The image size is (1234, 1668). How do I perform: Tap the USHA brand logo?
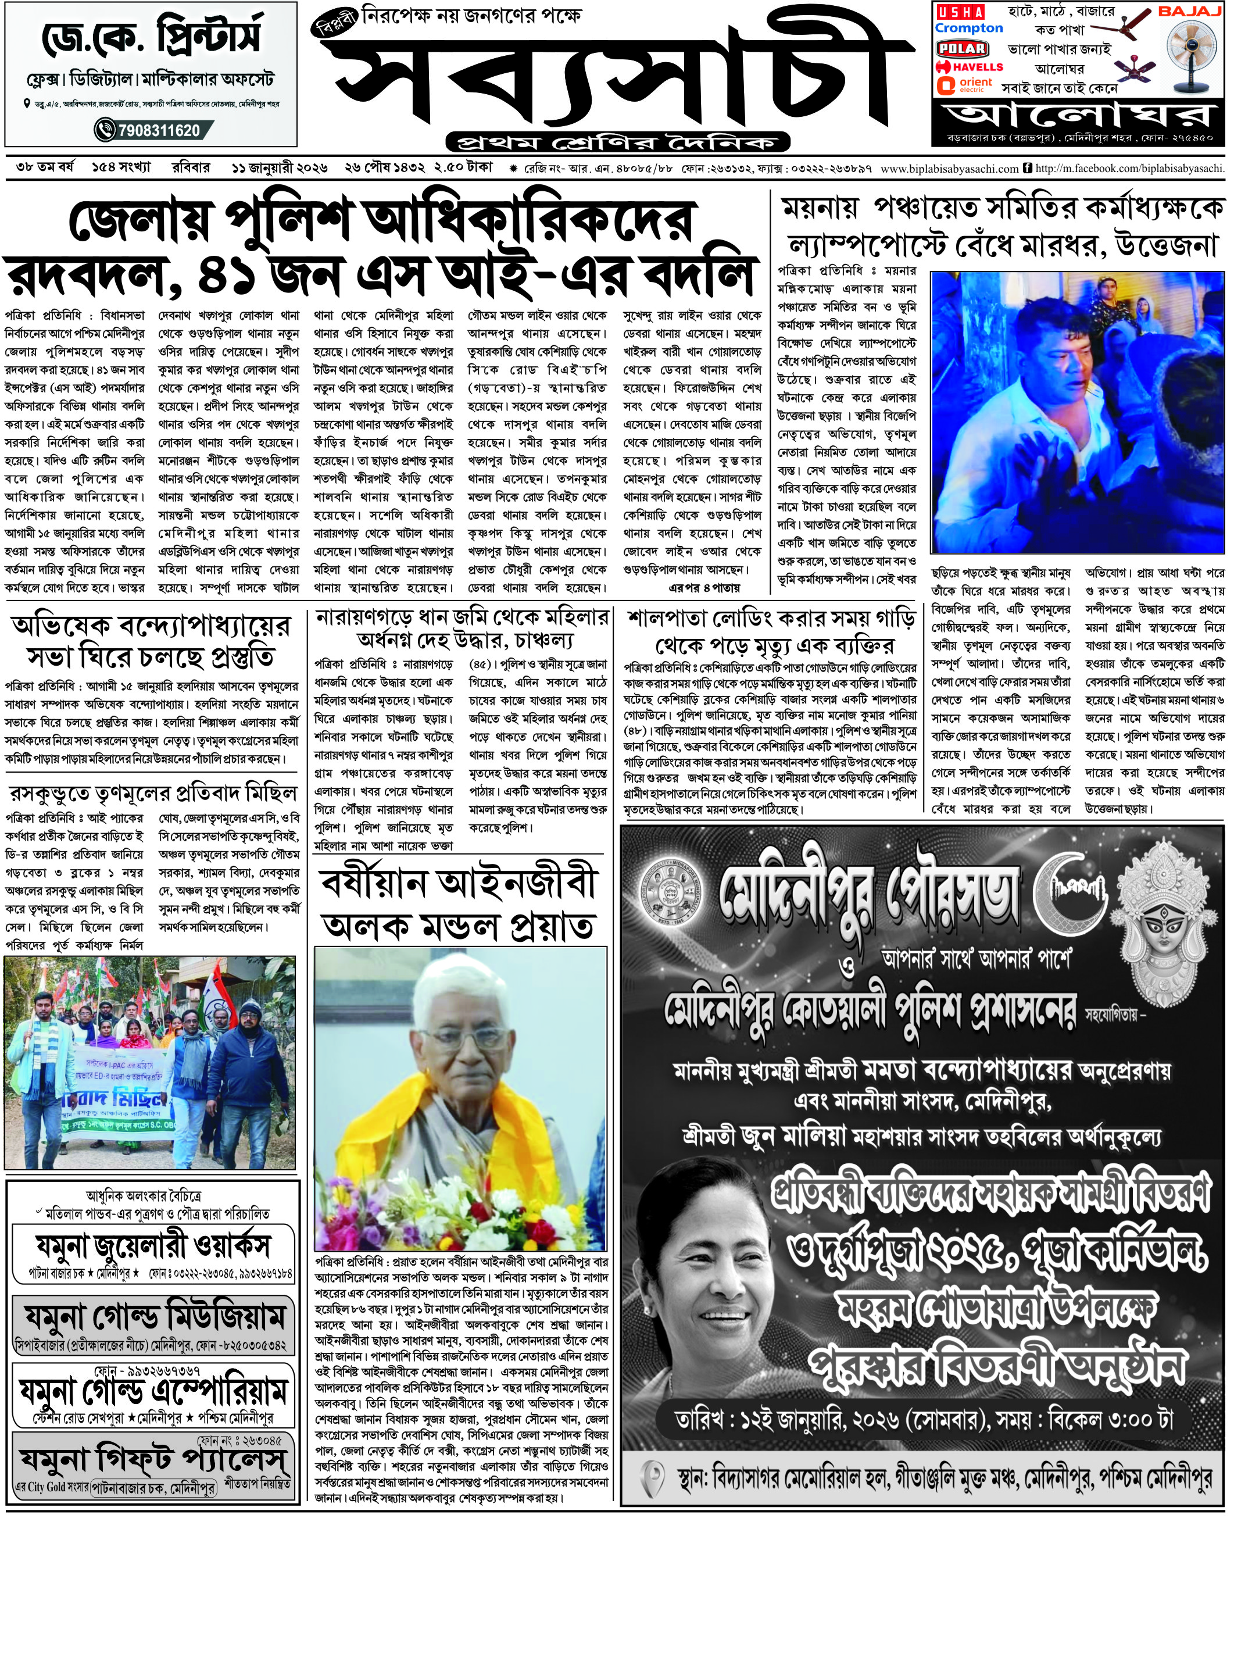point(961,12)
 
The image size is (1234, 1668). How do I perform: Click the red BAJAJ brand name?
point(1189,11)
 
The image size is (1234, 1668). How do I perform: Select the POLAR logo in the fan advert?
point(962,49)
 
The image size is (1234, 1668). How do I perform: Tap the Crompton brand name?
point(969,28)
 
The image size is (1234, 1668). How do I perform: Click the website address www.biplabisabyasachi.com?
point(949,169)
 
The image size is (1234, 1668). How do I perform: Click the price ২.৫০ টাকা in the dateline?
point(463,167)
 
